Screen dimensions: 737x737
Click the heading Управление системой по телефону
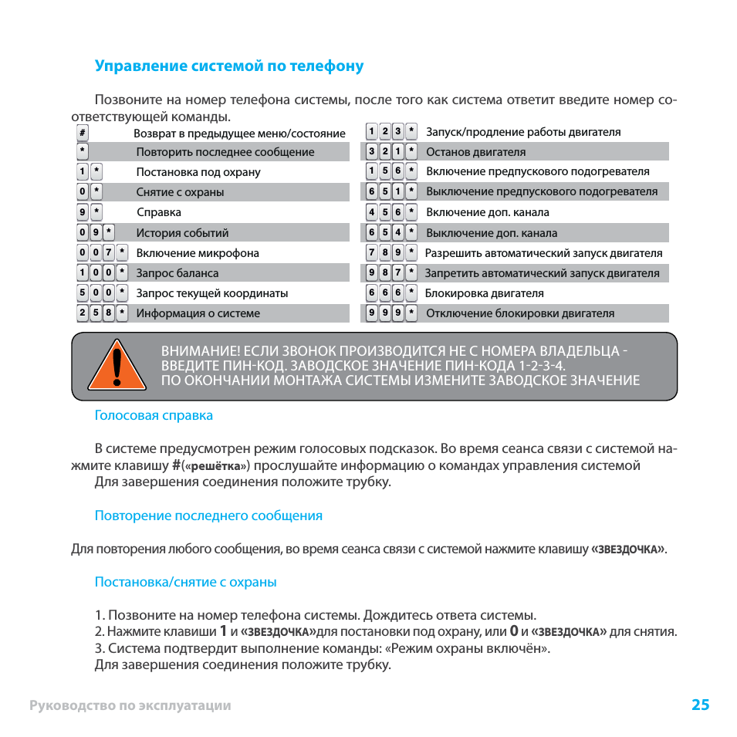click(228, 66)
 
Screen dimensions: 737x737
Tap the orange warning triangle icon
click(117, 367)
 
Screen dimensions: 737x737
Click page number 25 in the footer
click(700, 705)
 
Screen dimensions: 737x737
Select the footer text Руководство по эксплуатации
click(130, 705)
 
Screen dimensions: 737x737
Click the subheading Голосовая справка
click(154, 416)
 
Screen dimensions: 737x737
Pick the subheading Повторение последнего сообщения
click(208, 516)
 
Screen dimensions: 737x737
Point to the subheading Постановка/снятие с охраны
click(185, 583)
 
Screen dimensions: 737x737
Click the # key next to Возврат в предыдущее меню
click(83, 133)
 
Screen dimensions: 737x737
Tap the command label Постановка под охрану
click(198, 172)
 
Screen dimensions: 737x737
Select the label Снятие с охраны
click(180, 192)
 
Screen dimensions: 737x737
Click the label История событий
click(182, 233)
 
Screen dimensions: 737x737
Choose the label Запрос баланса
click(177, 273)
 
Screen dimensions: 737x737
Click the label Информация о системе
click(198, 313)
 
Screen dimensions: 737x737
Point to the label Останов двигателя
click(475, 152)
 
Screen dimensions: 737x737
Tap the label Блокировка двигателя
click(484, 293)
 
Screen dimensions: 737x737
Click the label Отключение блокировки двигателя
click(520, 313)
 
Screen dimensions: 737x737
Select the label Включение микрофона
click(198, 253)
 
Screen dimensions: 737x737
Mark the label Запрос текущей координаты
click(212, 293)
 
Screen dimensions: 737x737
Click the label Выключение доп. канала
click(492, 233)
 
